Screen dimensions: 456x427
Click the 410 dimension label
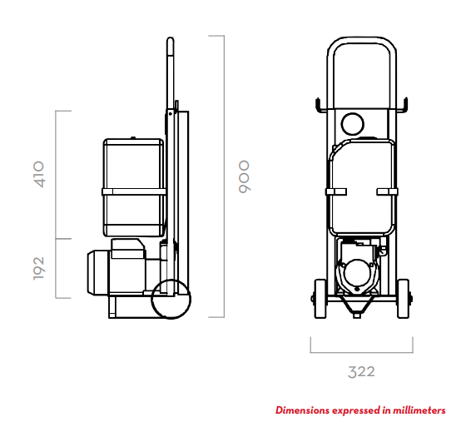pyautogui.click(x=38, y=174)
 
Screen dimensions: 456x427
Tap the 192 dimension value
pyautogui.click(x=38, y=269)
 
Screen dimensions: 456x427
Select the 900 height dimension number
pyautogui.click(x=244, y=176)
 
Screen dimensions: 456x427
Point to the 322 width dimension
pyautogui.click(x=361, y=372)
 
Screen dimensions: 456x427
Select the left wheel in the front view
pyautogui.click(x=320, y=299)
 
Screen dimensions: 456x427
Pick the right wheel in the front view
pyautogui.click(x=403, y=299)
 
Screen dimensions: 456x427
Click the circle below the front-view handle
pyautogui.click(x=353, y=124)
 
